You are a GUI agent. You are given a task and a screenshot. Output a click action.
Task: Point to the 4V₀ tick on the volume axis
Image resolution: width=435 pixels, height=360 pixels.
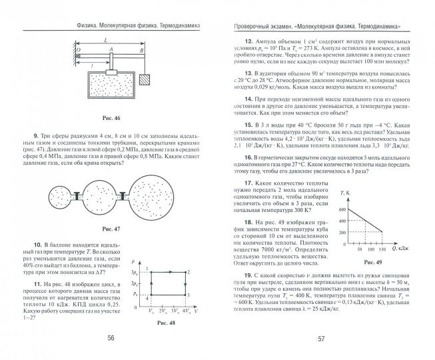(185, 311)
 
